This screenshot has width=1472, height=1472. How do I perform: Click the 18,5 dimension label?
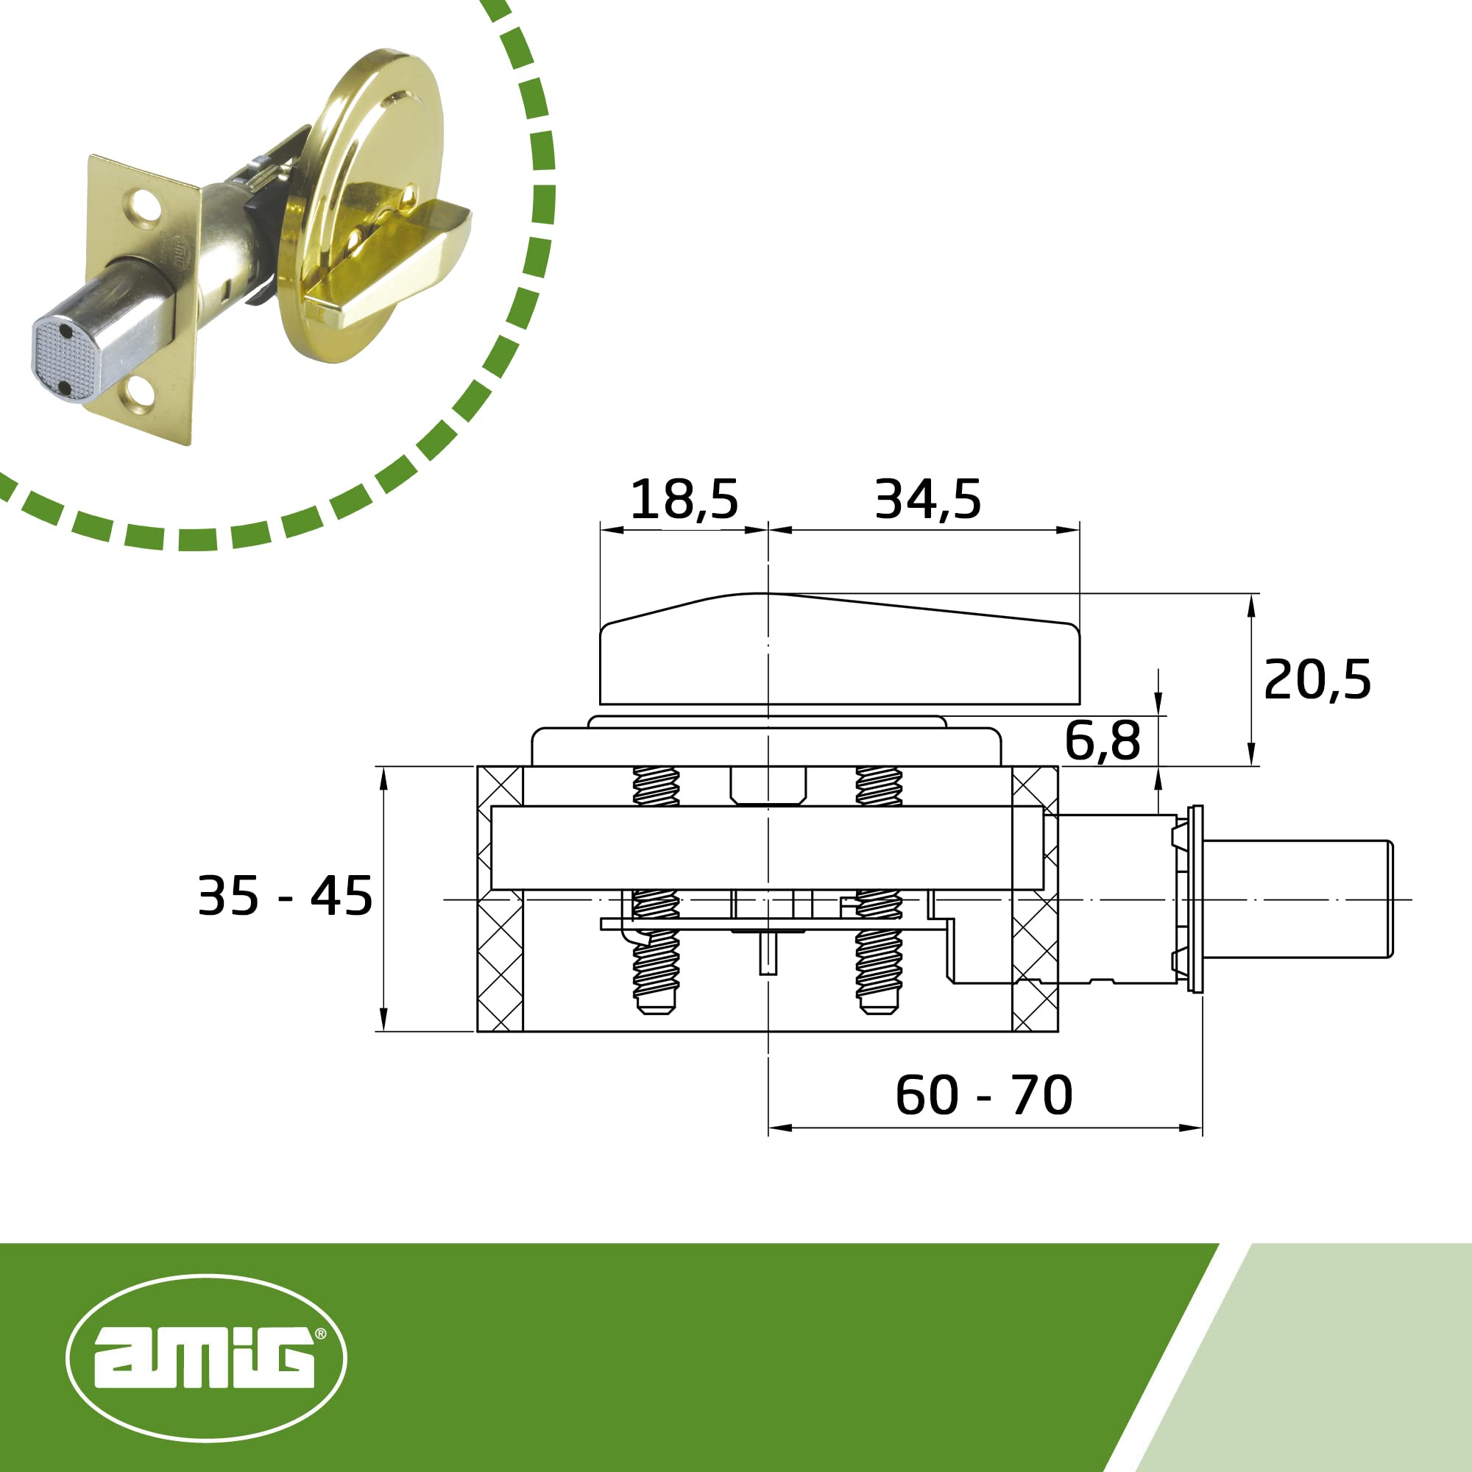(x=684, y=500)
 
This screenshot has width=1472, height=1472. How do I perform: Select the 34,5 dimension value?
(x=927, y=500)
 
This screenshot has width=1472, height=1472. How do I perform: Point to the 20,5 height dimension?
(x=1317, y=679)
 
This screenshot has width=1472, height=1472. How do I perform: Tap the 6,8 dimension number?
(x=1103, y=740)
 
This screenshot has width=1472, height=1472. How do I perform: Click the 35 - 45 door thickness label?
(x=285, y=895)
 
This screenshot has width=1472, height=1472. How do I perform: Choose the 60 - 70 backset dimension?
(x=983, y=1096)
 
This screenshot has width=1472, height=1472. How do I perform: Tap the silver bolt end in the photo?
(x=65, y=358)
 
